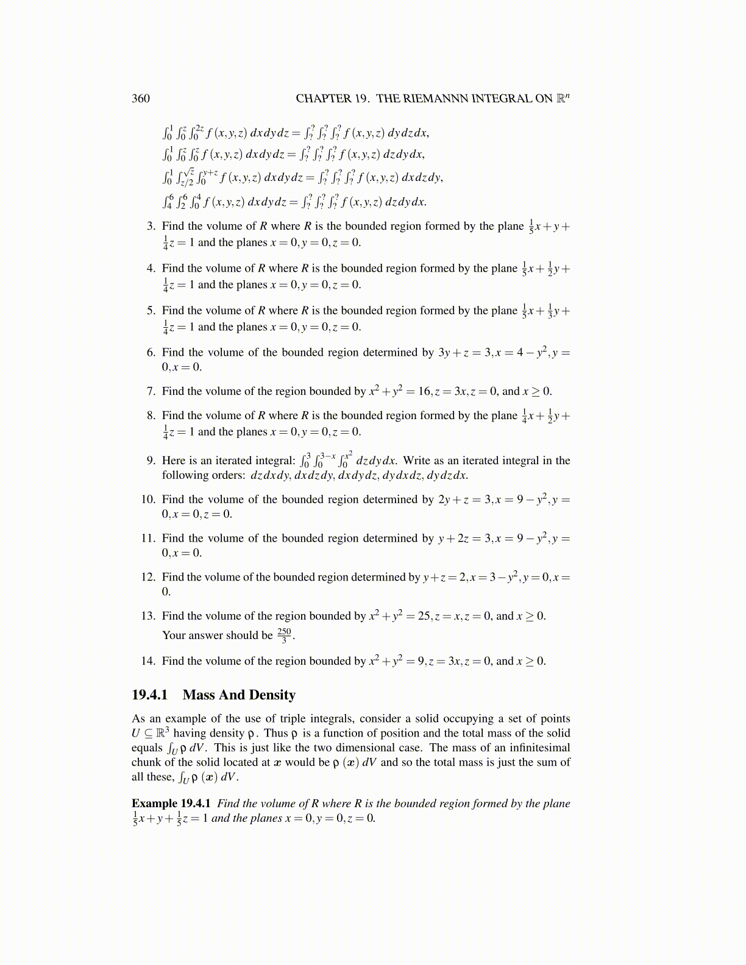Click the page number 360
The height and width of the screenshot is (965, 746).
click(x=140, y=99)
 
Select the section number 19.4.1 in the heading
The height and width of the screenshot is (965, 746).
click(x=149, y=695)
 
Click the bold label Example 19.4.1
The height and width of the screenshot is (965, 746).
click(x=171, y=804)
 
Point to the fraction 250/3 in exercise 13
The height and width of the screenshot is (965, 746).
click(x=284, y=635)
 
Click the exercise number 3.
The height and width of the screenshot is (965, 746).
click(x=151, y=227)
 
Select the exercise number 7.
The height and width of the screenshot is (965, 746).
click(x=151, y=391)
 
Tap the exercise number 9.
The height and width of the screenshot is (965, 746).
click(x=151, y=461)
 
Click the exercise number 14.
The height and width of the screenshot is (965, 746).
click(x=147, y=661)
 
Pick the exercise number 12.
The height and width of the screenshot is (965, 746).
click(x=147, y=577)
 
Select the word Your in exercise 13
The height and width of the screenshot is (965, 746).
click(x=173, y=635)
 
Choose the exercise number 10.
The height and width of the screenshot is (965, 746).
click(x=147, y=500)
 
